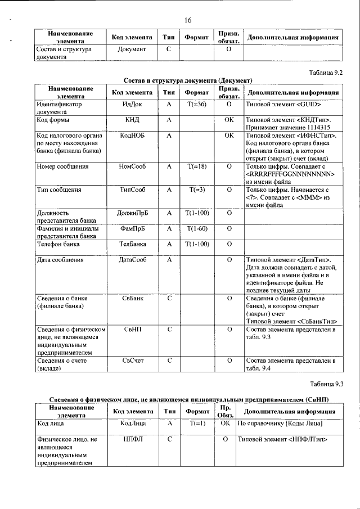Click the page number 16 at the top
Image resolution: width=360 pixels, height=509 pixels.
coord(188,21)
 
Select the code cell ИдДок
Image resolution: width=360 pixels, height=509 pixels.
coord(132,105)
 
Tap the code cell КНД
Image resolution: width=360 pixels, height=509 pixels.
coord(132,120)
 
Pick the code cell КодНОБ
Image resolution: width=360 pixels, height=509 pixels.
coord(132,136)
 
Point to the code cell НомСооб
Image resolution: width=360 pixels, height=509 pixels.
coord(132,166)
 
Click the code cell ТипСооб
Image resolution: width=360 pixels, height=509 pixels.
coord(132,190)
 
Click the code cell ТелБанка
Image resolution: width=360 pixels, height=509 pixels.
coord(132,244)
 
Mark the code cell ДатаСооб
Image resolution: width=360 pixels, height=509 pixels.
coord(132,260)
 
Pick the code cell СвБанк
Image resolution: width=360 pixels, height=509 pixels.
coord(132,298)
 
